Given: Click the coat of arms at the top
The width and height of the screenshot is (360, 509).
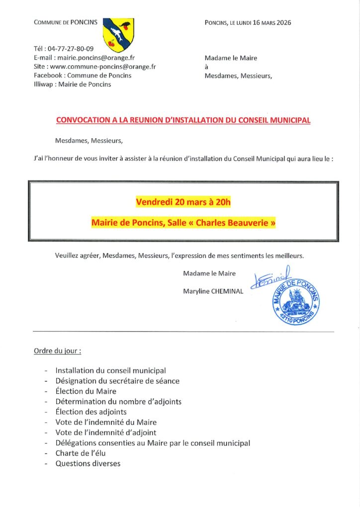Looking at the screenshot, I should click(x=118, y=35).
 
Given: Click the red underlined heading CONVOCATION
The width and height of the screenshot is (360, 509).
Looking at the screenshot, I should click(x=183, y=120).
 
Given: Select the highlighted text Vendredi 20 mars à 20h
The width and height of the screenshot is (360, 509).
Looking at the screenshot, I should click(x=183, y=202).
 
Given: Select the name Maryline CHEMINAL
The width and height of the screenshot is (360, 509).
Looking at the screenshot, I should click(x=213, y=291).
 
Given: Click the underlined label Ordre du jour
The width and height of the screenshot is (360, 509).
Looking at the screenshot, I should click(x=57, y=351).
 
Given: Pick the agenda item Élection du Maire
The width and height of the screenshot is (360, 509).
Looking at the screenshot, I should click(x=86, y=391).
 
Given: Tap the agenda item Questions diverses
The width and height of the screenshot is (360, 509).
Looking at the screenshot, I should click(x=88, y=464).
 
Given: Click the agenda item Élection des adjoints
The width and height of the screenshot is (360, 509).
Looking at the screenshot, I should click(x=91, y=412).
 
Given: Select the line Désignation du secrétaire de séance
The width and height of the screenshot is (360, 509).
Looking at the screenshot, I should click(x=117, y=381).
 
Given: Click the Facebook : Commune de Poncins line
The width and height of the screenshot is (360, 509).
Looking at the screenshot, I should click(x=83, y=76).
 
